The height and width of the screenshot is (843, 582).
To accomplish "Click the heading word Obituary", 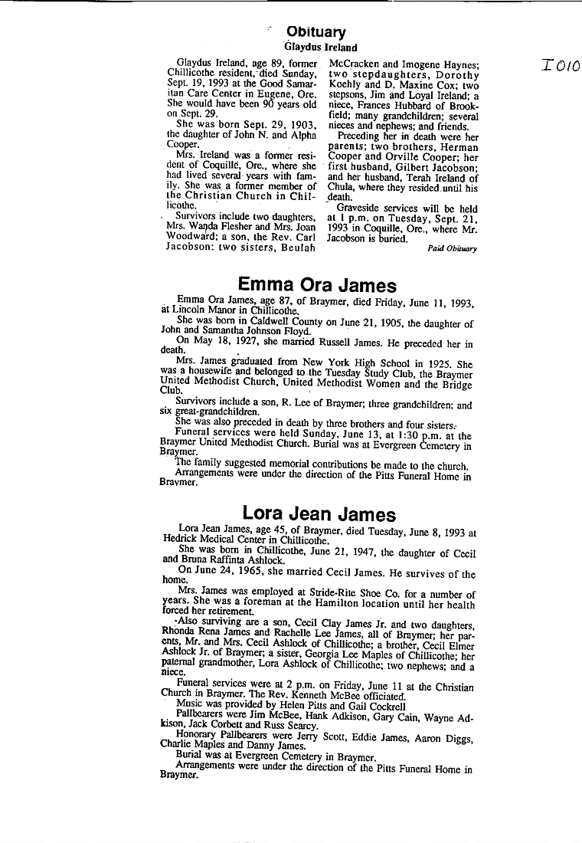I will point(316,32).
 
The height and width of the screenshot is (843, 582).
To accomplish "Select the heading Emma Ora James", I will point(317,286).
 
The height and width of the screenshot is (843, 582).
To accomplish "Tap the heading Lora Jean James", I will point(319,513).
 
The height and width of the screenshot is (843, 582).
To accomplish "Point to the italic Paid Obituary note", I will point(452,248).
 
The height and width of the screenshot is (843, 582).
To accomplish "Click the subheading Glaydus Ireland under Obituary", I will point(320,48).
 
